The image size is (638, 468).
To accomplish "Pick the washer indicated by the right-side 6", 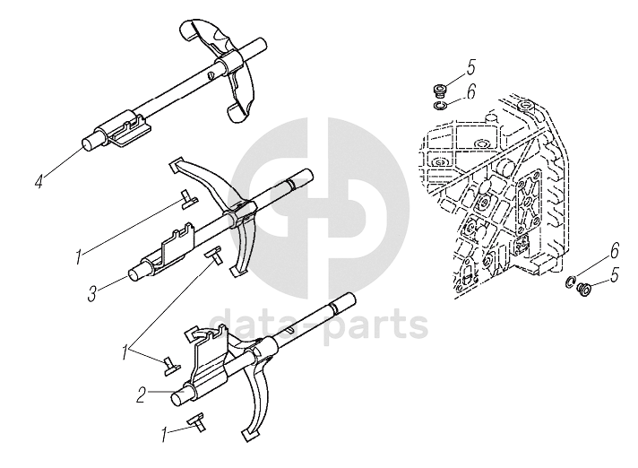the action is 570,284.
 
